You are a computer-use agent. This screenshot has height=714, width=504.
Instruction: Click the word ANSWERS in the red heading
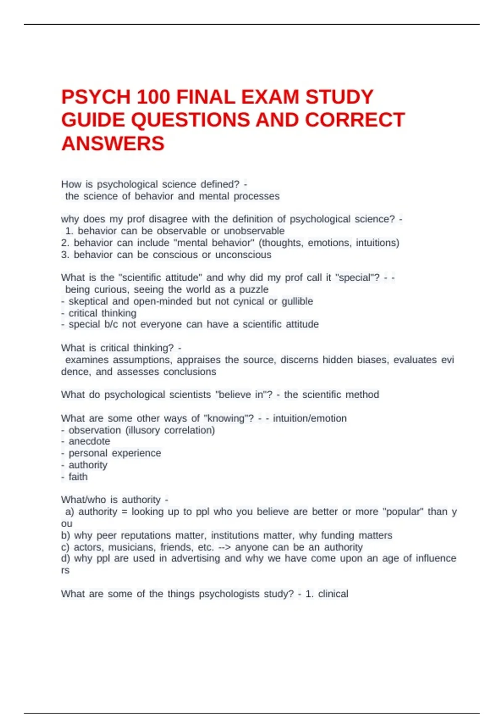(x=113, y=144)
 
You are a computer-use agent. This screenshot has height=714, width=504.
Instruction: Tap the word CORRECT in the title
(x=355, y=121)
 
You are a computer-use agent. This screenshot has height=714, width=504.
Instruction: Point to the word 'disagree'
(x=168, y=219)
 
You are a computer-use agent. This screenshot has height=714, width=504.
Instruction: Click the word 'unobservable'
(x=254, y=231)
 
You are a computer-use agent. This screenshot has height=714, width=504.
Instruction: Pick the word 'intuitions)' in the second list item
(x=377, y=243)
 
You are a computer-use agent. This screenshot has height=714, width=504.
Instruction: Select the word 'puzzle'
(x=254, y=290)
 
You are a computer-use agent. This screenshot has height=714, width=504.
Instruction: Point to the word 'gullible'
(x=297, y=302)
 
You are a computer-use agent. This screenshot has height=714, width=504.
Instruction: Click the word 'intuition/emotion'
(x=310, y=418)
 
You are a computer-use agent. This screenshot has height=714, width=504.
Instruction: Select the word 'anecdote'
(x=89, y=441)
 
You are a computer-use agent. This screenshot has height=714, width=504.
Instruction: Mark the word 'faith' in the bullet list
(x=78, y=477)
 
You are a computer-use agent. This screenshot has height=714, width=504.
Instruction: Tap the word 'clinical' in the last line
(x=333, y=594)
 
